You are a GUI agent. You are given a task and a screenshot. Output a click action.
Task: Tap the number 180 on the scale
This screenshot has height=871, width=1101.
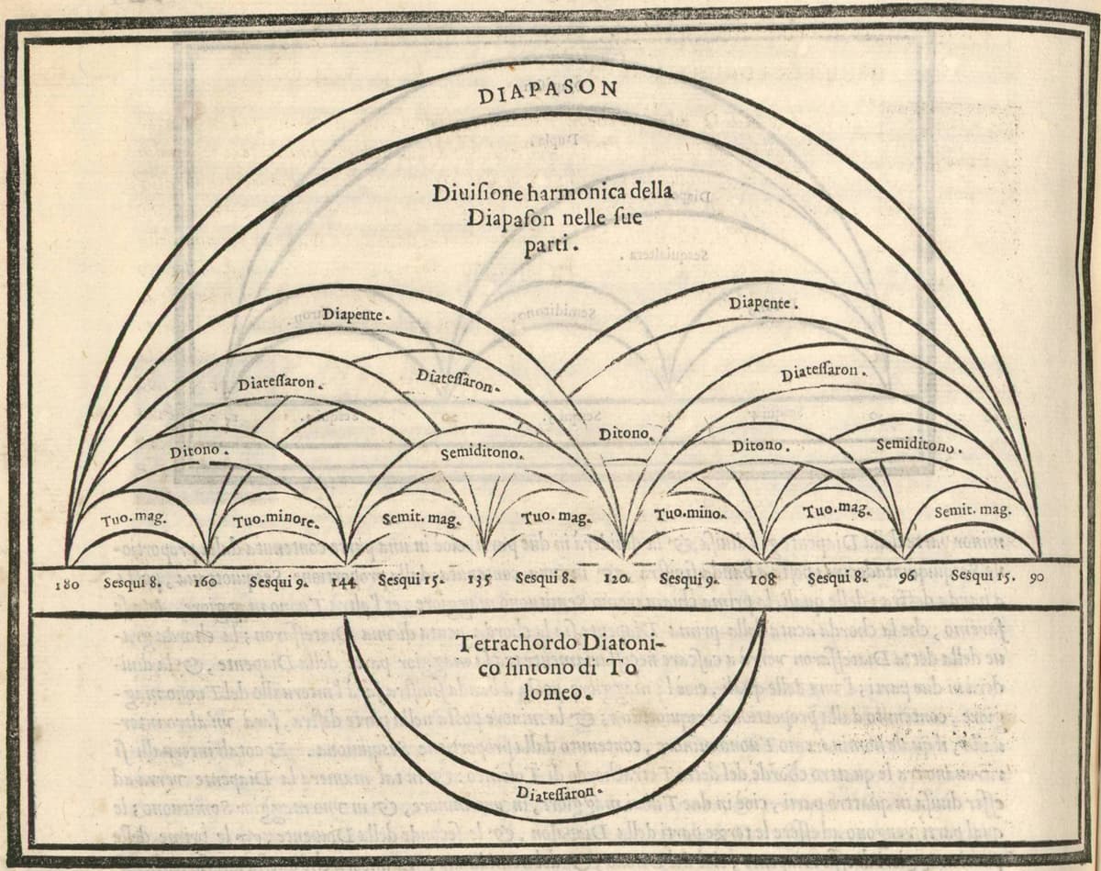[x=69, y=582]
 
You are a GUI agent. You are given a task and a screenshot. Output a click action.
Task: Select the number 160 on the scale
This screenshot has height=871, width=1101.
[x=205, y=582]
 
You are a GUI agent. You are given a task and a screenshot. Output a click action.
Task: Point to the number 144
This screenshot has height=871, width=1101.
[x=343, y=582]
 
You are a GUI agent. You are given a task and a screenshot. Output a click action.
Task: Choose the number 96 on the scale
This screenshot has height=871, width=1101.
[x=906, y=579]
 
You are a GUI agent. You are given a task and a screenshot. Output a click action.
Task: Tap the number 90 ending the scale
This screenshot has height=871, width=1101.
[x=1037, y=578]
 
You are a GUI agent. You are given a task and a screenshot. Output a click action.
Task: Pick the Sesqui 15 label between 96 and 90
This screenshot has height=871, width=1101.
[x=981, y=578]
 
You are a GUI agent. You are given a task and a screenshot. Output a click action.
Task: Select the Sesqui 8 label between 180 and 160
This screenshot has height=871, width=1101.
[x=133, y=582]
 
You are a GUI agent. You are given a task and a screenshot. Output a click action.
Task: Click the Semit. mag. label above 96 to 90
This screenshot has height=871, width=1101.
[x=972, y=510]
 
